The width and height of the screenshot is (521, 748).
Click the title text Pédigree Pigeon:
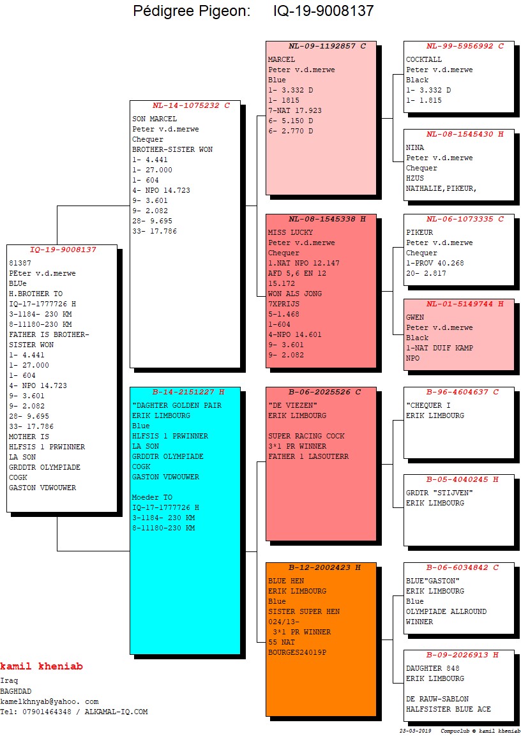click(192, 11)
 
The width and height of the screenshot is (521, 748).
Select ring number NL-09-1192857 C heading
click(327, 47)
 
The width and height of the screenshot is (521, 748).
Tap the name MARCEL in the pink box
click(282, 59)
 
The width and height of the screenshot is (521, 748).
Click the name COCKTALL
click(424, 59)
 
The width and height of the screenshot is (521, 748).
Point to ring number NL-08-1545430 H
click(465, 135)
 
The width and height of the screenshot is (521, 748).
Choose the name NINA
click(414, 148)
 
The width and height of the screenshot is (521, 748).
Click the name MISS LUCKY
click(290, 233)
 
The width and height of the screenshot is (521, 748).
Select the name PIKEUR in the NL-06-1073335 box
click(419, 233)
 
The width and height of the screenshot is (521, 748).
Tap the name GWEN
click(414, 318)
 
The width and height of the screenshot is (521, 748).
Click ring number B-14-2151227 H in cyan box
click(188, 392)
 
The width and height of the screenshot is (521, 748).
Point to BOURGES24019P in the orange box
click(298, 653)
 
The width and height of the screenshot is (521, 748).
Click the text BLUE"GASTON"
click(433, 581)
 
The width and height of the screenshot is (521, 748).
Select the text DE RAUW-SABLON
click(437, 699)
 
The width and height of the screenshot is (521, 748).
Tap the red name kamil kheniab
click(42, 666)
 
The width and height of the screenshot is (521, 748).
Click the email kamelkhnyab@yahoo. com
click(49, 701)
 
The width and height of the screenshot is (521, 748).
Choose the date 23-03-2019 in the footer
click(415, 731)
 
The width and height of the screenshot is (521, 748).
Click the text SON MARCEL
click(154, 119)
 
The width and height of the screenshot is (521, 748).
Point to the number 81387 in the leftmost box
click(20, 264)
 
